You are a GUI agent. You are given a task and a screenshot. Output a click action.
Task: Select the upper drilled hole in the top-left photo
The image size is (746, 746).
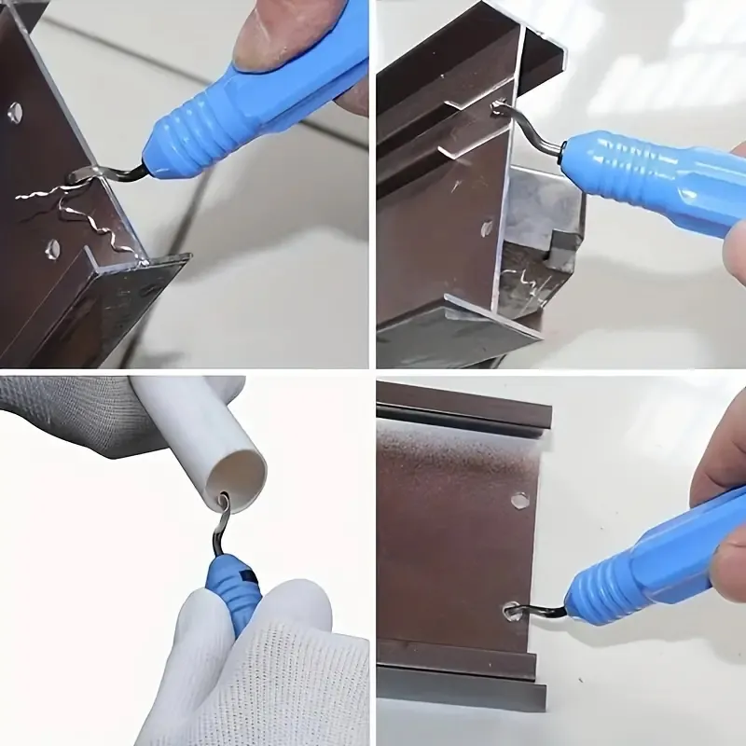15,112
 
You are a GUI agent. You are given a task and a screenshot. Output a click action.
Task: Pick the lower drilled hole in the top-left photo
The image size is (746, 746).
52,248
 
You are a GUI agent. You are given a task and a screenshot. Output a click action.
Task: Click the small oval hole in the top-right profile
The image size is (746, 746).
487,227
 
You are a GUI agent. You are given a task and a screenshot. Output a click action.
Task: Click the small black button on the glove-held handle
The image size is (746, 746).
244,563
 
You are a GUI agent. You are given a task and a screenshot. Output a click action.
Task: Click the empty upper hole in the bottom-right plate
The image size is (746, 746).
520,501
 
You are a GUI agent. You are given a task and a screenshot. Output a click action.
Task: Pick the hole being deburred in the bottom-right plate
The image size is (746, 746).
512,612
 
